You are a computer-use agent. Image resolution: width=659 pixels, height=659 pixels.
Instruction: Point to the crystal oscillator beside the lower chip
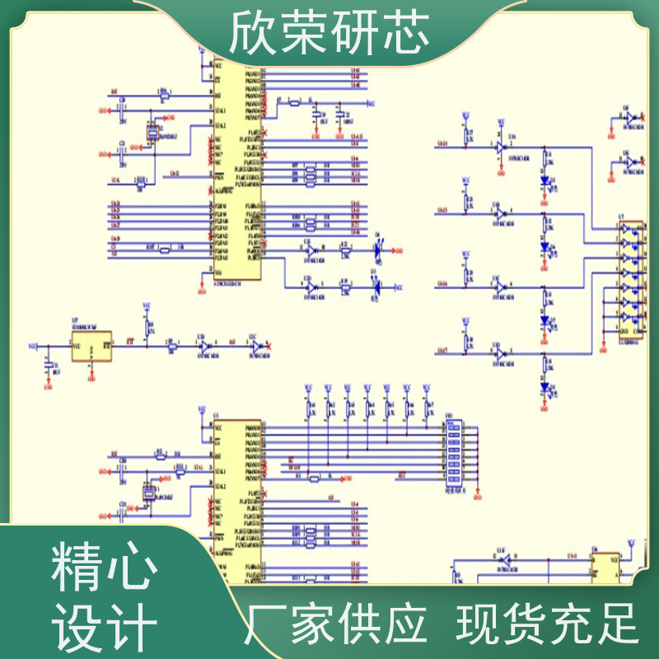coord(148,493)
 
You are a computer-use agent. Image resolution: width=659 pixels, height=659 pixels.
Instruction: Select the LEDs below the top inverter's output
coord(544,181)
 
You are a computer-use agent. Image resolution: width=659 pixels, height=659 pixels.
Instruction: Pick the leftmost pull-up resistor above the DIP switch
coord(309,409)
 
